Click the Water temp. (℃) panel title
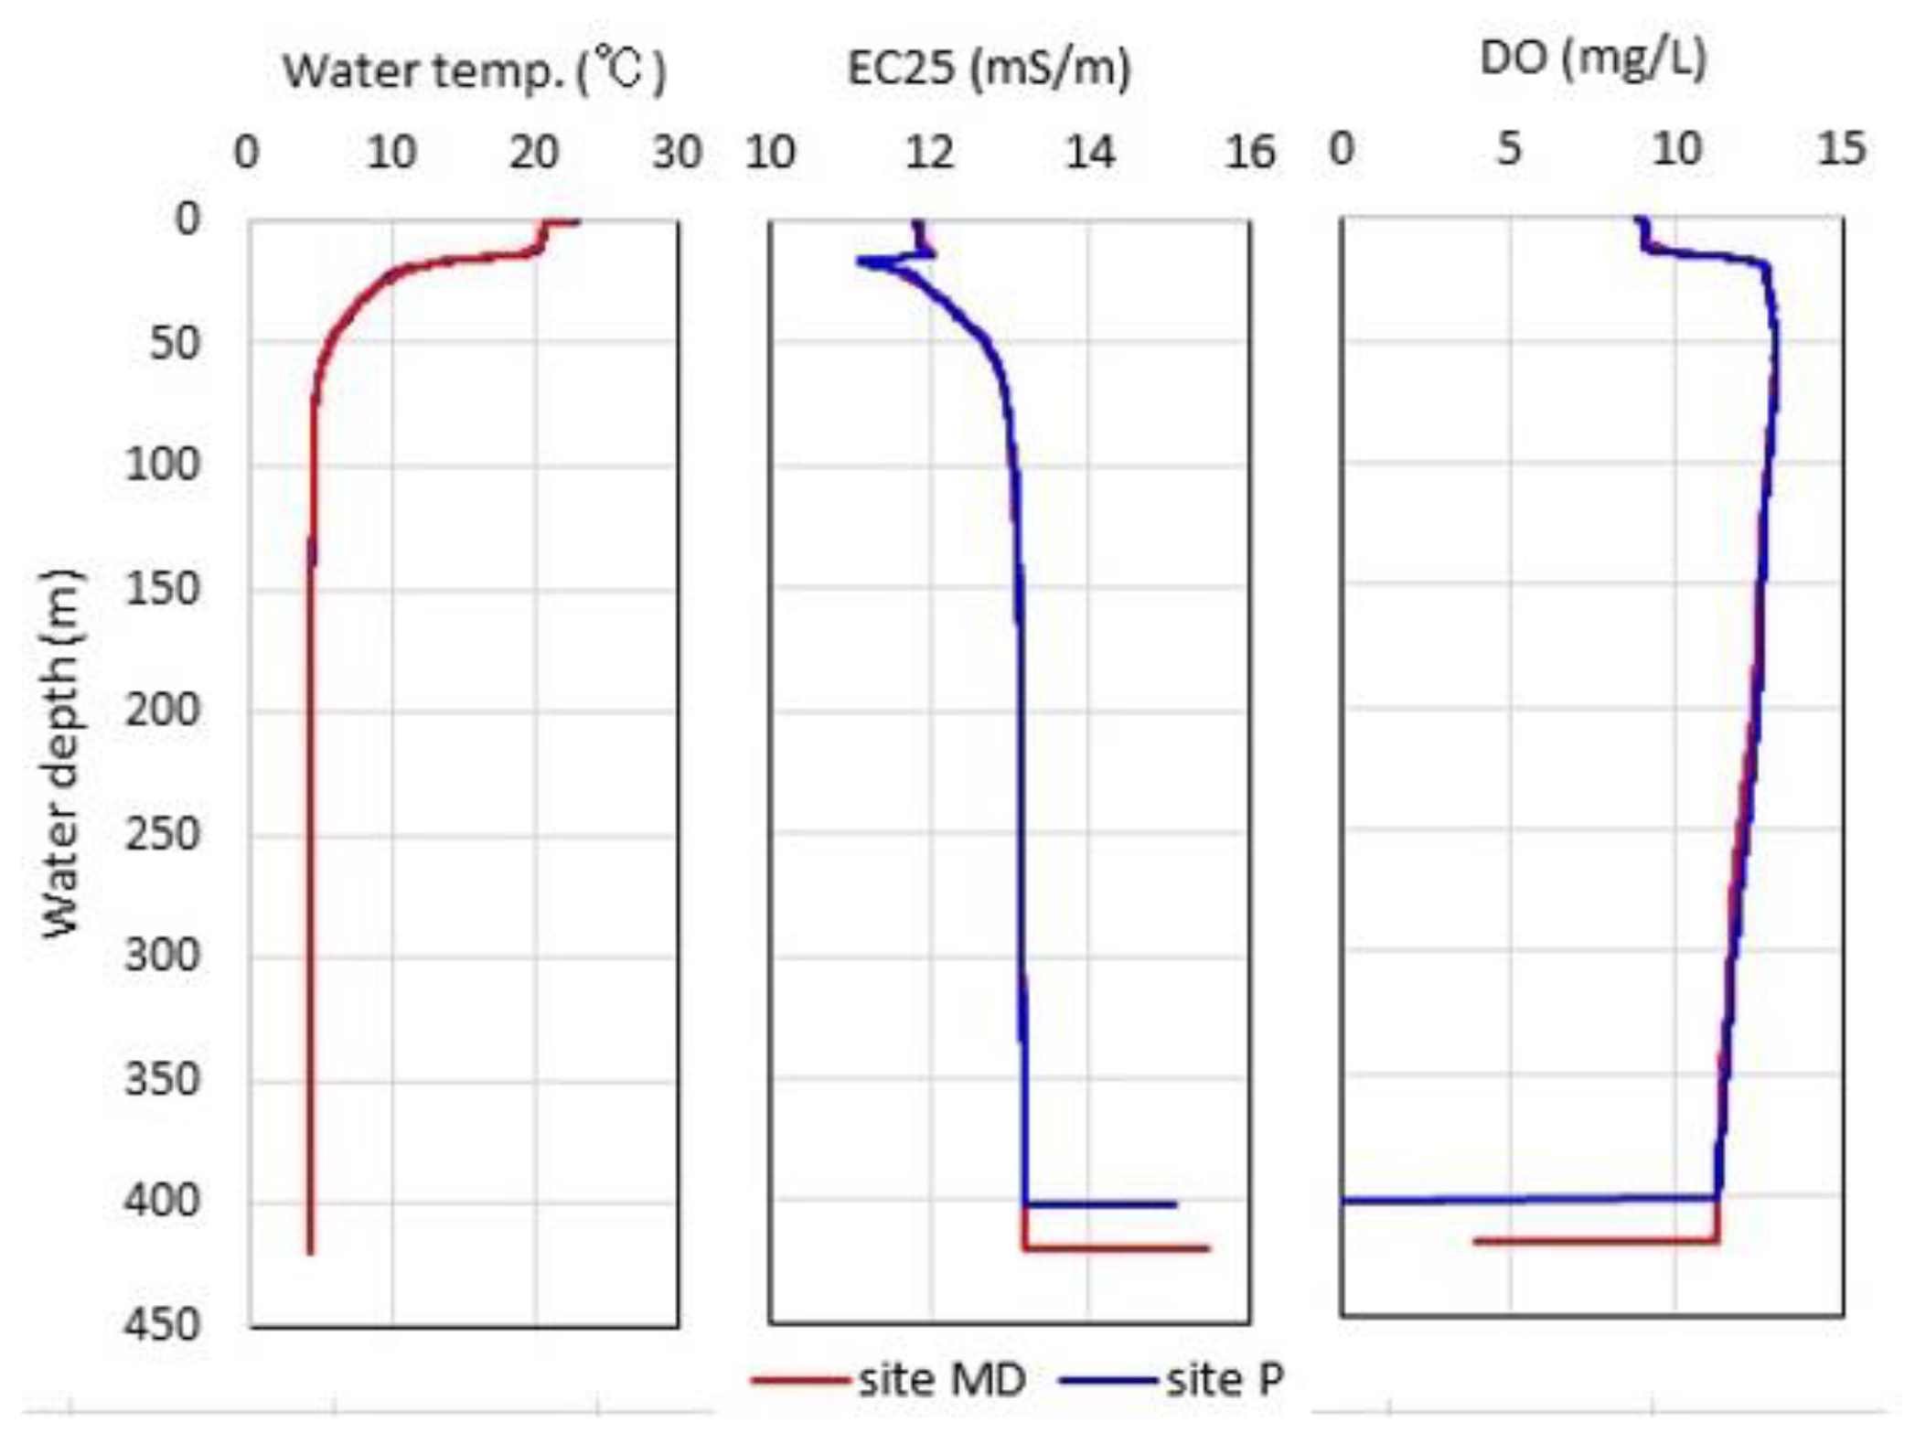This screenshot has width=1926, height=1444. click(474, 71)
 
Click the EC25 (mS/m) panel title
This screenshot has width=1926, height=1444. click(989, 69)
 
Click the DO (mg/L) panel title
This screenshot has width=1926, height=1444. click(1593, 59)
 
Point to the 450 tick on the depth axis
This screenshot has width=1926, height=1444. click(162, 1324)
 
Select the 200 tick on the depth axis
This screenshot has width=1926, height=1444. click(162, 710)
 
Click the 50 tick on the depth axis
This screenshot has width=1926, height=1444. click(174, 344)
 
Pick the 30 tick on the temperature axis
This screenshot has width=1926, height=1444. click(677, 152)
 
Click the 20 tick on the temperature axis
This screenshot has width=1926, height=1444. click(534, 152)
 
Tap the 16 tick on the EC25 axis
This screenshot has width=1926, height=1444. click(1249, 152)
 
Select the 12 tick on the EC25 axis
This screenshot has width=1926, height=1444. click(929, 152)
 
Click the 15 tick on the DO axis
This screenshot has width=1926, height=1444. click(1841, 148)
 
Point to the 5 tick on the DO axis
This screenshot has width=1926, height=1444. click(1509, 148)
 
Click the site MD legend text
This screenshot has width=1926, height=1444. click(942, 1380)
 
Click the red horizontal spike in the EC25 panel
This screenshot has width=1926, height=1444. click(1116, 1248)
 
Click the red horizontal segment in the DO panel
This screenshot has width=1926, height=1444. click(1596, 1241)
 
